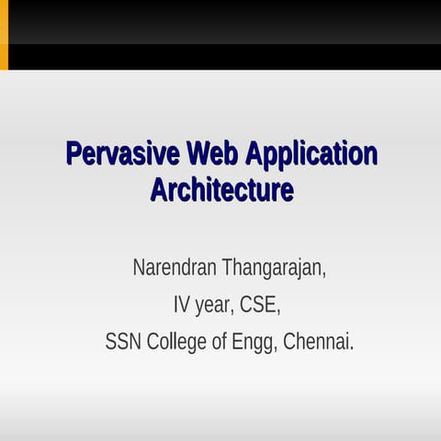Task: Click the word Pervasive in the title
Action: point(122,153)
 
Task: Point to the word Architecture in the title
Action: point(221,190)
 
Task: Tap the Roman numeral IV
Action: point(181,305)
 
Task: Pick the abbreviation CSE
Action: point(260,305)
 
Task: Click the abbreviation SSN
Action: point(123,342)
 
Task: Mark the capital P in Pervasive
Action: point(73,153)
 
